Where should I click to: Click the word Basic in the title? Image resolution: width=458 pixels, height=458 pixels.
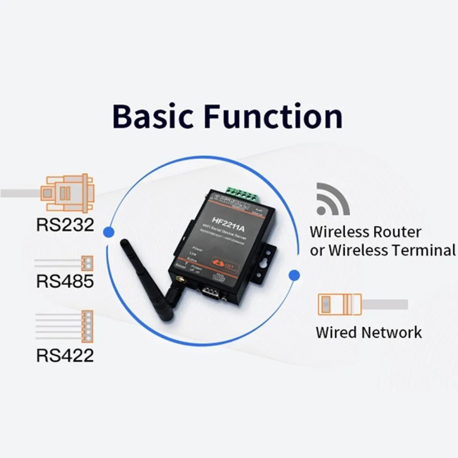click(x=154, y=117)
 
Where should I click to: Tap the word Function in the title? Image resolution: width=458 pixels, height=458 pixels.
click(x=273, y=117)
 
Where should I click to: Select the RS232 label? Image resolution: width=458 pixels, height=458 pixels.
click(x=65, y=224)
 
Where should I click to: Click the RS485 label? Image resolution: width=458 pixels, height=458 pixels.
click(x=65, y=281)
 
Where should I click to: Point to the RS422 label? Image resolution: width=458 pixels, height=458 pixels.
click(x=65, y=355)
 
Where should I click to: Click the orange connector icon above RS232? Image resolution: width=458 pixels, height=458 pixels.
click(x=67, y=192)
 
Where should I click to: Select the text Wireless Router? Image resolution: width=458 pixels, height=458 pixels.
click(x=365, y=232)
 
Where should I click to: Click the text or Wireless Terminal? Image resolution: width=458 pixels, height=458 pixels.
click(x=383, y=251)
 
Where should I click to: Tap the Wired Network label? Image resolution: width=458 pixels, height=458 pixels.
click(x=369, y=332)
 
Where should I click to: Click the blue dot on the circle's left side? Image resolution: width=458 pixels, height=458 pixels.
click(x=109, y=231)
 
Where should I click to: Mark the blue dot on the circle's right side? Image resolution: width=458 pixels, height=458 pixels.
click(x=295, y=275)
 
